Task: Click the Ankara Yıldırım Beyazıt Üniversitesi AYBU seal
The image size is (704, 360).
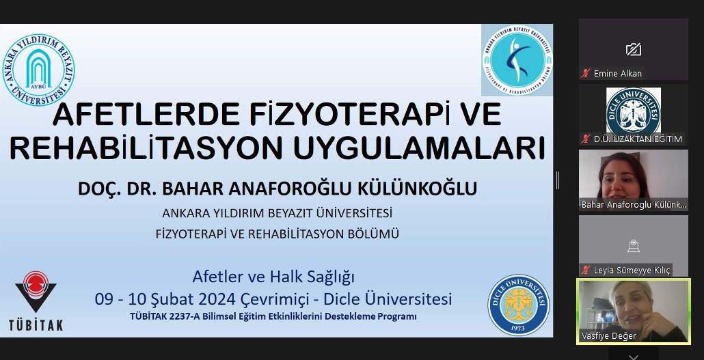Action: click(38, 70)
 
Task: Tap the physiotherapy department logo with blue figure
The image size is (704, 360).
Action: click(517, 60)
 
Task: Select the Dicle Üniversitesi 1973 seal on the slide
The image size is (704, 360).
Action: click(518, 305)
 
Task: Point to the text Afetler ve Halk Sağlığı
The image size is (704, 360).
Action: click(273, 277)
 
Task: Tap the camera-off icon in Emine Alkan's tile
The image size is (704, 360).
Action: click(633, 49)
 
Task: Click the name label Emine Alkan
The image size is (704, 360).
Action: click(617, 73)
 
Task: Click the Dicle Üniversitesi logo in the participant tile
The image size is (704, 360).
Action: click(633, 110)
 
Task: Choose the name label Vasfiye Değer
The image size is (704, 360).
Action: click(608, 335)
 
